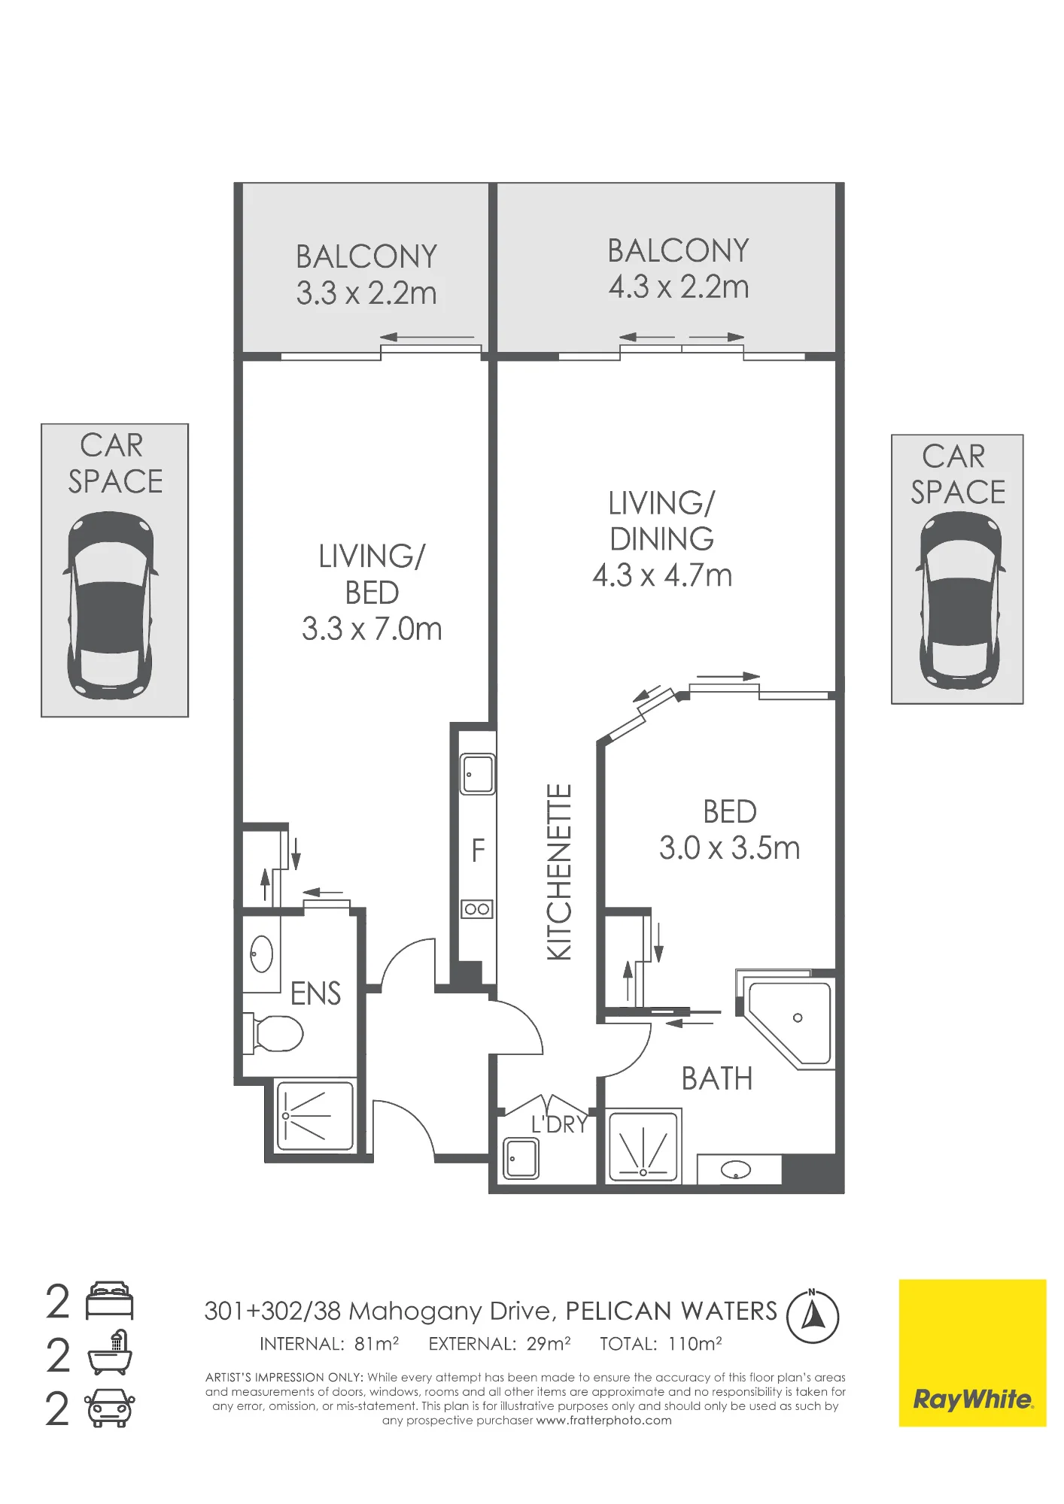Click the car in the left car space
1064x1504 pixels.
point(111,605)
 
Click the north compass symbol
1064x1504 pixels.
point(813,1316)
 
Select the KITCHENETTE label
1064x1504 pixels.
point(559,872)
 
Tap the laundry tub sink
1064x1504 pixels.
point(521,1158)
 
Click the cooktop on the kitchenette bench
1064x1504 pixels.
point(477,909)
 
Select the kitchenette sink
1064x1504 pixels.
point(478,774)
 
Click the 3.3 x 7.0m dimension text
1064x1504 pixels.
point(372,629)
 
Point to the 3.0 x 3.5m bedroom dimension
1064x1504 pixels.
point(729,848)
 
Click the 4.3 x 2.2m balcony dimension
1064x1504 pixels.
point(679,287)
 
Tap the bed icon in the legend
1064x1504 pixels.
point(110,1302)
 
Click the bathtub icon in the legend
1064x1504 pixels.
point(110,1354)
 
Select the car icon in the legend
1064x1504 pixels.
point(110,1408)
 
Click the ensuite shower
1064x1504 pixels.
point(315,1116)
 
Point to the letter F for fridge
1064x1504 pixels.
point(478,851)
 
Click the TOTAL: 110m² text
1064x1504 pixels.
point(661,1344)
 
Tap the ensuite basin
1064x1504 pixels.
point(261,954)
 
